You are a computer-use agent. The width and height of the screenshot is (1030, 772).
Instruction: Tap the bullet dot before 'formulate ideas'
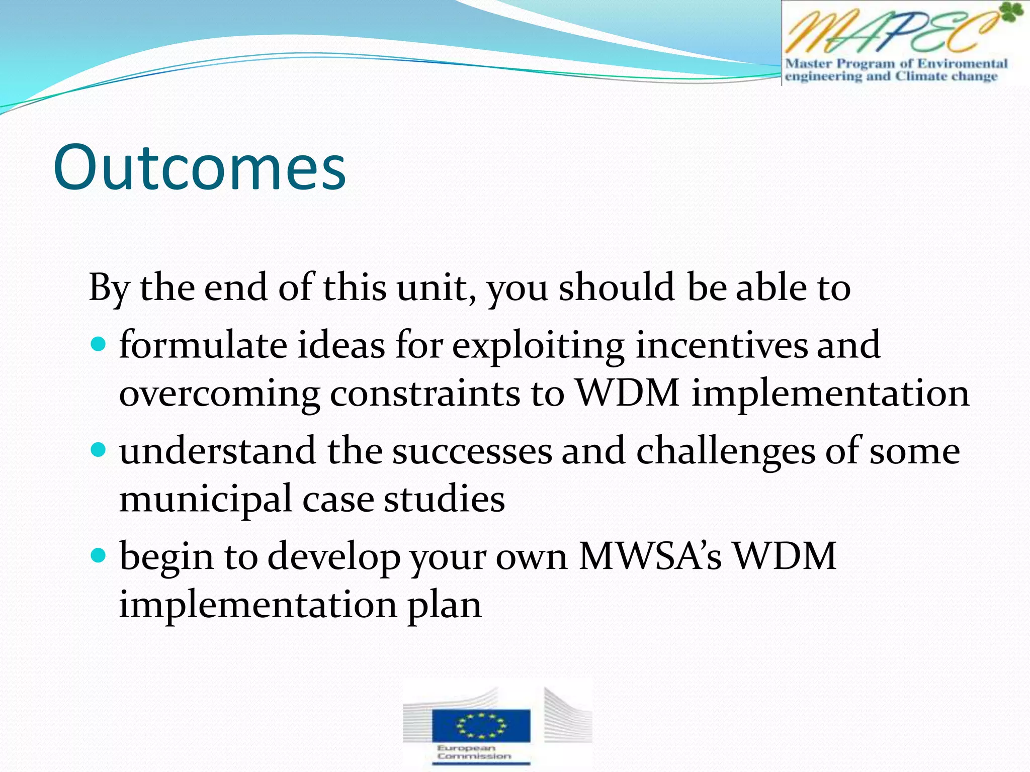[99, 344]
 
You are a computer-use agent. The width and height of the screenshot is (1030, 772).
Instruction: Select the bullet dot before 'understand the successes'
[99, 449]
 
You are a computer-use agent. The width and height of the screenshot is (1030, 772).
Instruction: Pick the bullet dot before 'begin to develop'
[99, 555]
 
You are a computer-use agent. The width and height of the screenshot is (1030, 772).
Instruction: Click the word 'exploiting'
[538, 346]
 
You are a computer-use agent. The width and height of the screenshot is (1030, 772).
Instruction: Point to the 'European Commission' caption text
[474, 752]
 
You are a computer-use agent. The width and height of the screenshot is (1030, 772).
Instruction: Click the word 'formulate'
[203, 345]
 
